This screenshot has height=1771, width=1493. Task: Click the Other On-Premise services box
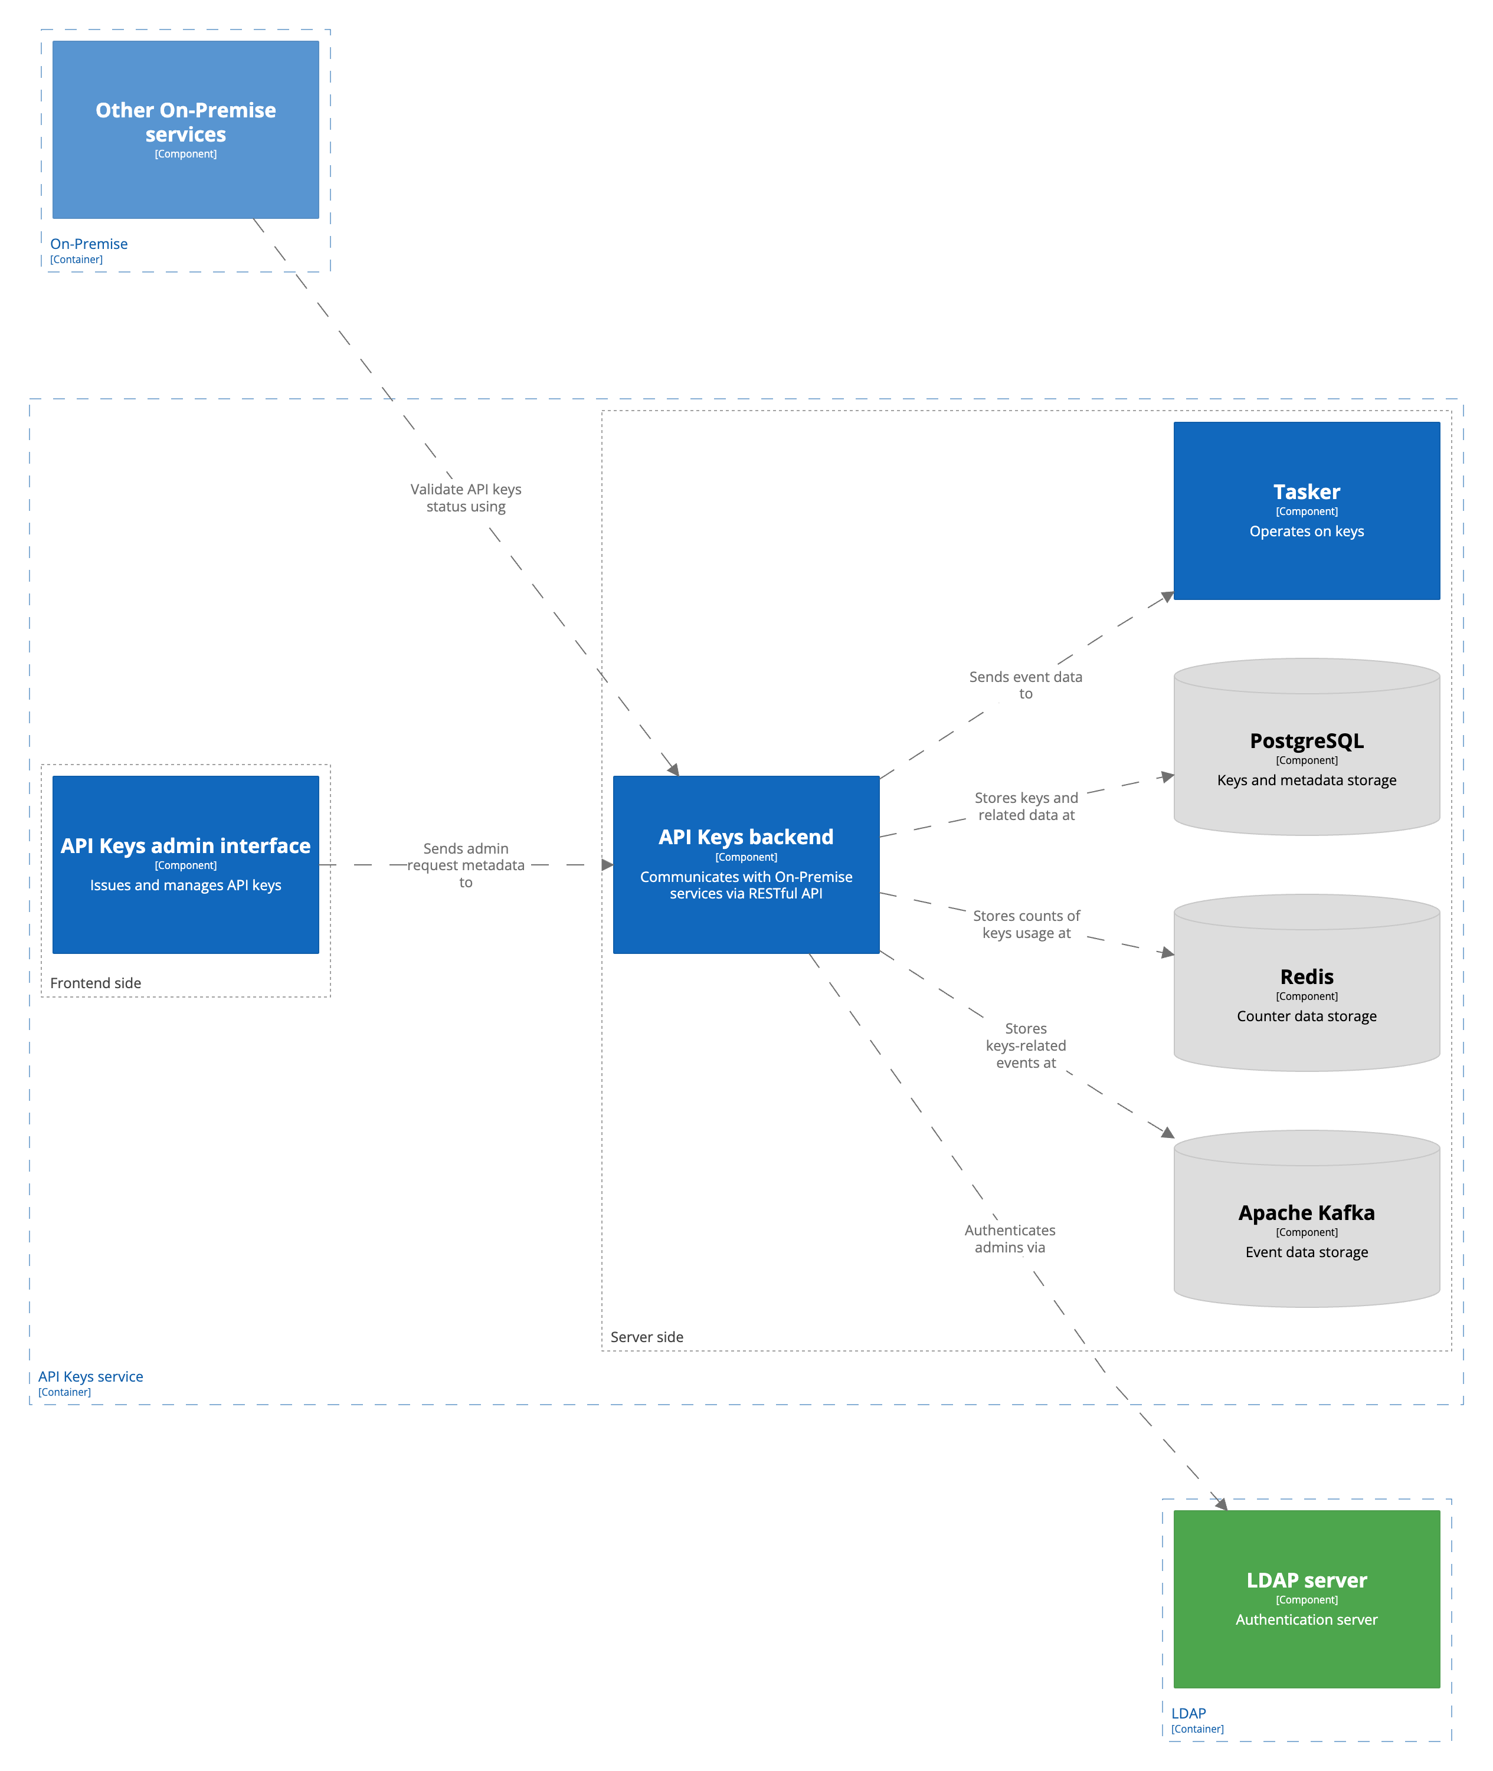point(185,129)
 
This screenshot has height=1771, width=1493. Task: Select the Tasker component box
point(1306,510)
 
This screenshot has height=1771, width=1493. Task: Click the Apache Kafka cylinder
point(1306,1228)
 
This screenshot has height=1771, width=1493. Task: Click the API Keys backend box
point(746,864)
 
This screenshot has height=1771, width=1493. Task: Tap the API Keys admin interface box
point(185,864)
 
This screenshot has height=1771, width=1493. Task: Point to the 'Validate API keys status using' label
point(466,497)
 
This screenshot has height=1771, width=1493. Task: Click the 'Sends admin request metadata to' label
point(466,865)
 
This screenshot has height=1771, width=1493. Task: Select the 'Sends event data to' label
point(1025,684)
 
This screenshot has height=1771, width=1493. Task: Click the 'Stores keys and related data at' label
point(1026,805)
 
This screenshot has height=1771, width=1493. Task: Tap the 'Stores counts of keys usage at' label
point(1026,924)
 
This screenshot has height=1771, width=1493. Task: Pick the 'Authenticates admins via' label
point(1010,1238)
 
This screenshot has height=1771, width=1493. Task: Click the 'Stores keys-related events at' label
point(1026,1045)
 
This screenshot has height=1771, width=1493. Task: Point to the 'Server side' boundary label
point(647,1336)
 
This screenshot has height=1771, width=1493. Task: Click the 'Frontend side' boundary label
point(96,982)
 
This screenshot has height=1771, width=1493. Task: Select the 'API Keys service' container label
point(90,1376)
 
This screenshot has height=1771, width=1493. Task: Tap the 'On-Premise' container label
point(89,244)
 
